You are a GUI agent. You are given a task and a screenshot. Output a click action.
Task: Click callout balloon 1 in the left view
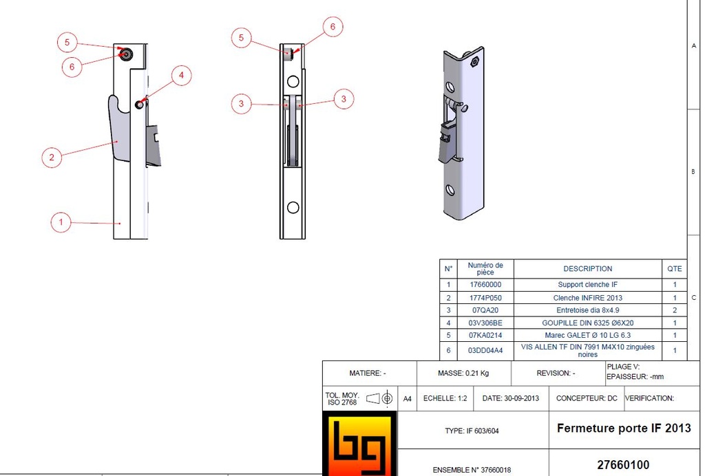click(61, 222)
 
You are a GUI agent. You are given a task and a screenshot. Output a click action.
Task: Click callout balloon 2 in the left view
click(52, 157)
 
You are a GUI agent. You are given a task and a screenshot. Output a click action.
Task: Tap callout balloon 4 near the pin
click(181, 75)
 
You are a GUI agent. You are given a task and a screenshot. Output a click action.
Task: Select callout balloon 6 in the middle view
click(333, 27)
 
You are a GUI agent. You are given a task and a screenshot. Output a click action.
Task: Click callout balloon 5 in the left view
click(67, 42)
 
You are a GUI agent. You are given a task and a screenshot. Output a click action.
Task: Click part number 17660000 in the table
click(485, 284)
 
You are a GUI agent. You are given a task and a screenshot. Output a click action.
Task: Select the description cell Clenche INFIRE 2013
click(587, 298)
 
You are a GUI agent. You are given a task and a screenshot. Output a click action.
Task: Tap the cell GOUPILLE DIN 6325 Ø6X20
click(587, 323)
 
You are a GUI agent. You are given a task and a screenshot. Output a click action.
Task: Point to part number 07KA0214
click(485, 335)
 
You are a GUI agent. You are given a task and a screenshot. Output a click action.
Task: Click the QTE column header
click(675, 269)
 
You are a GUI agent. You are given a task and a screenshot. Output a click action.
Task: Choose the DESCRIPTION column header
click(587, 269)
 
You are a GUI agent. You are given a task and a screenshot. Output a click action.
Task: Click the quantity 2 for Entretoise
click(675, 310)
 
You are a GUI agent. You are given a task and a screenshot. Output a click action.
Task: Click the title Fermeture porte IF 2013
click(623, 428)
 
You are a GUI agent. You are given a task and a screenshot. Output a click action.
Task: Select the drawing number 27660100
click(623, 465)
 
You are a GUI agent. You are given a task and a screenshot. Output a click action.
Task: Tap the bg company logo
click(360, 444)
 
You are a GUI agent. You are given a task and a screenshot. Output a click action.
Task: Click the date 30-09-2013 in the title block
click(511, 398)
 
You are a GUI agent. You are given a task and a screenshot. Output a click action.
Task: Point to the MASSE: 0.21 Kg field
click(463, 374)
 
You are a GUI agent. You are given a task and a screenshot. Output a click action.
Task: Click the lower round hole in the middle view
click(293, 208)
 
